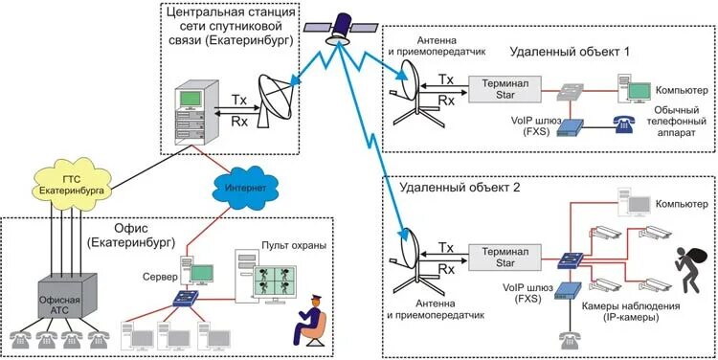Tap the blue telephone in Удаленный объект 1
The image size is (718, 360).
[x=622, y=124]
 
